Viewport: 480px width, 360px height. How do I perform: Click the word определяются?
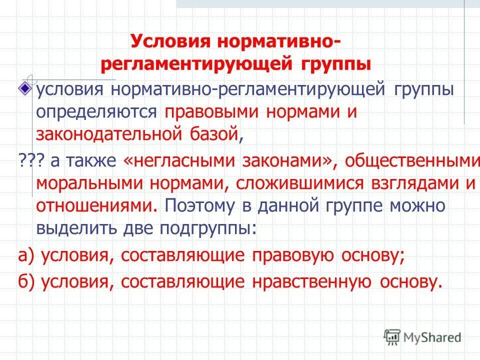click(96, 112)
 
